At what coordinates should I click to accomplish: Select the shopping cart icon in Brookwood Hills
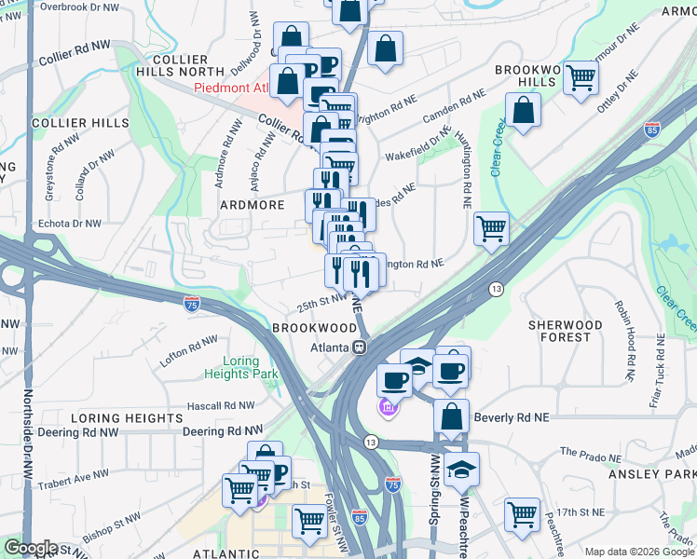pyautogui.click(x=581, y=78)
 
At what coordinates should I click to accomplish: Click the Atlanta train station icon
pyautogui.click(x=358, y=348)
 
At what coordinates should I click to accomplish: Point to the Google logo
pyautogui.click(x=31, y=548)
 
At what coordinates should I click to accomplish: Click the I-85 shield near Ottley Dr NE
pyautogui.click(x=651, y=130)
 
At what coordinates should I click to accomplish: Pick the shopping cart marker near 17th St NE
pyautogui.click(x=522, y=513)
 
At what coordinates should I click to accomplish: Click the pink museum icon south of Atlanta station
pyautogui.click(x=389, y=407)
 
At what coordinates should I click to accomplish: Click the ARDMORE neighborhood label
pyautogui.click(x=251, y=204)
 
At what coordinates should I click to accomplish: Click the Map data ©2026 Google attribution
pyautogui.click(x=638, y=552)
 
